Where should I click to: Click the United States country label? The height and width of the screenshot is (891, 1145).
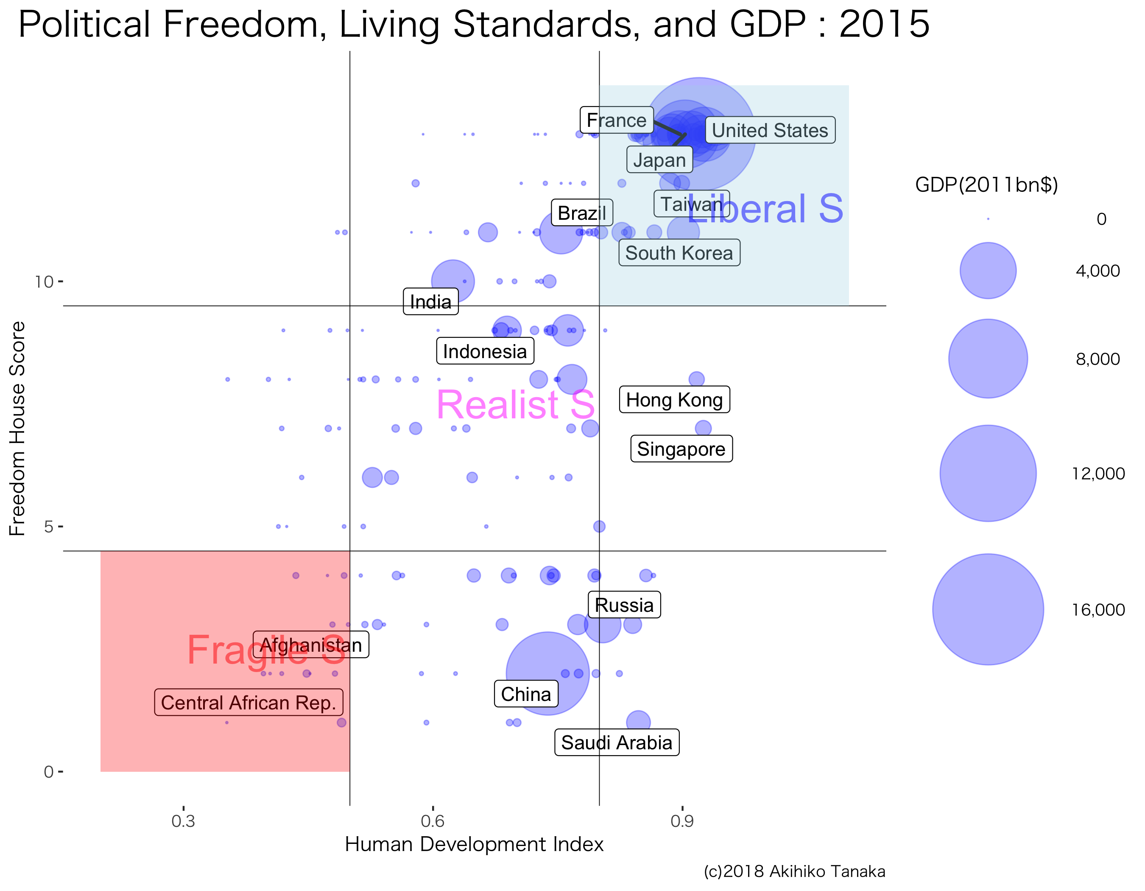(770, 130)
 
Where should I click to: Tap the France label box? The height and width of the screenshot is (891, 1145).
(617, 120)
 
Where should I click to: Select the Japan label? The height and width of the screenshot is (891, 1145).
(659, 160)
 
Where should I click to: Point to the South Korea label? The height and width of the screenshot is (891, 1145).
(679, 253)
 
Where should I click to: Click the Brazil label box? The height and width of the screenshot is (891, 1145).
(581, 213)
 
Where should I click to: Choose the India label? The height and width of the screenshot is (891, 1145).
(430, 302)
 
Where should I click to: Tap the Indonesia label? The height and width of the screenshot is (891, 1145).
(485, 351)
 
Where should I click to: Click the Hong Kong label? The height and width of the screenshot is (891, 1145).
(674, 400)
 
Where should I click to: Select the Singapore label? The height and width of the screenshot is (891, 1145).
(681, 449)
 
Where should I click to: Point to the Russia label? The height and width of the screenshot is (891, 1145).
(624, 605)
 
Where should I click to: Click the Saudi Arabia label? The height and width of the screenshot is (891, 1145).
(617, 742)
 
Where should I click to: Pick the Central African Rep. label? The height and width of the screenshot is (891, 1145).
(249, 702)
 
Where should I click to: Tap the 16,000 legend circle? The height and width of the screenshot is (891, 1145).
(988, 609)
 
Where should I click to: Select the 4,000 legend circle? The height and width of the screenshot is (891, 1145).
(988, 271)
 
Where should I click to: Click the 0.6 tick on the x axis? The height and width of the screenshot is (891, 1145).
(433, 820)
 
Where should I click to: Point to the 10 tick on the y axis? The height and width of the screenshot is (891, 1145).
(44, 282)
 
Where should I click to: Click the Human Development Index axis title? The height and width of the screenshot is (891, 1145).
(474, 844)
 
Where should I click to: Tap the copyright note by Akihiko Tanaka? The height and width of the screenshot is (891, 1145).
(794, 871)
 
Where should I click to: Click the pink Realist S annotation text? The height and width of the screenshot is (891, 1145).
(515, 405)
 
